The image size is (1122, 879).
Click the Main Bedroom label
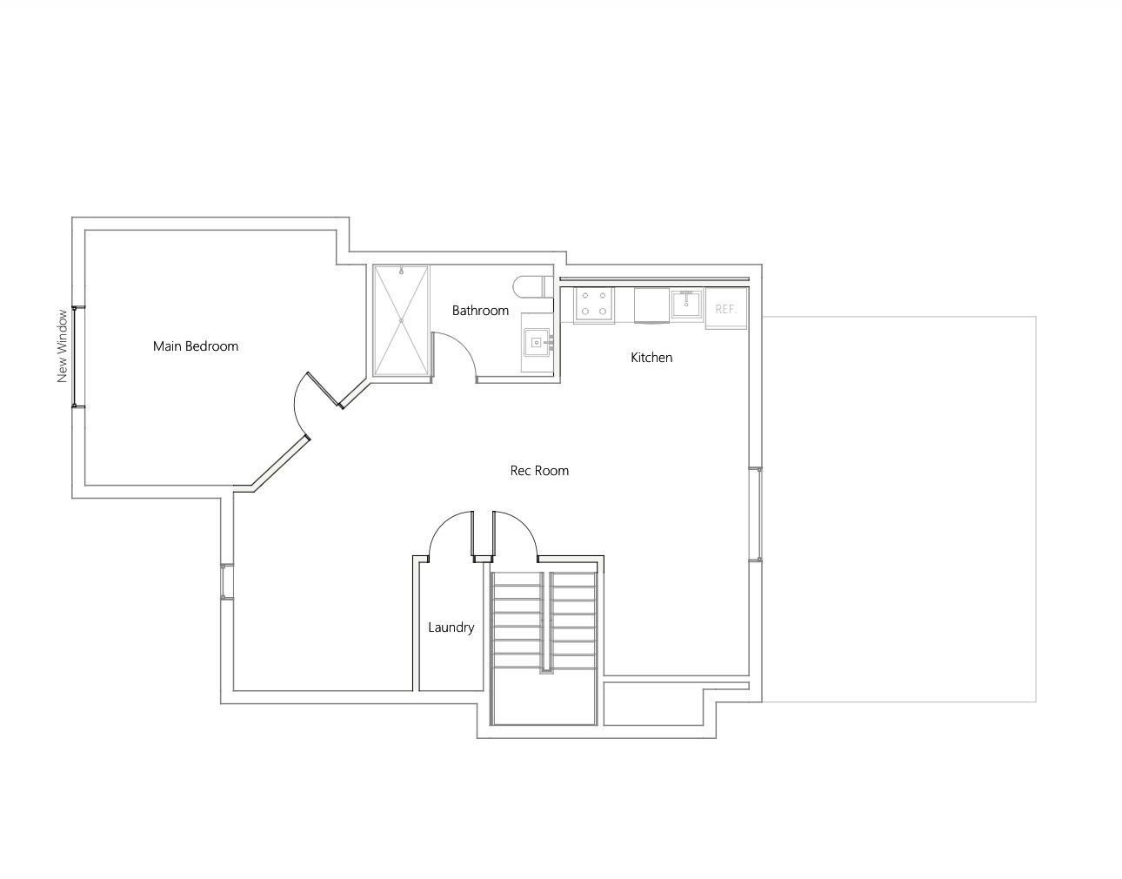tap(195, 346)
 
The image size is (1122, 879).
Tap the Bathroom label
tap(480, 311)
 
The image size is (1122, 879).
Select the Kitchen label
tap(651, 358)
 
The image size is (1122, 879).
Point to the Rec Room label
tap(539, 471)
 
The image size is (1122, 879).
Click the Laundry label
tap(451, 627)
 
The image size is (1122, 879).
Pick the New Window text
tap(62, 346)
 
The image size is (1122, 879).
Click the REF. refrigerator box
tap(726, 308)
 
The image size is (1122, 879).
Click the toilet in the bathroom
tap(532, 287)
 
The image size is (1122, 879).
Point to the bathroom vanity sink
tap(538, 342)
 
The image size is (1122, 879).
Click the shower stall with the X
tap(401, 320)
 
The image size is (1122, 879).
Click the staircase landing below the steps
tap(544, 696)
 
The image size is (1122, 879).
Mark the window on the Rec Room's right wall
tap(756, 513)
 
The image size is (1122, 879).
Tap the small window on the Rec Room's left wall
tap(227, 582)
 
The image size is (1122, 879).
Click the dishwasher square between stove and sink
tap(651, 305)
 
